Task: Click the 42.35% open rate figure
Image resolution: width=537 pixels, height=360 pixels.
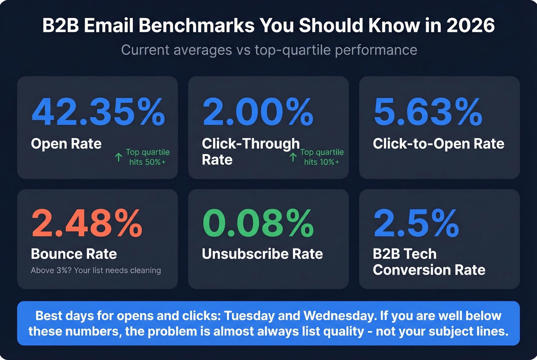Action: point(98,112)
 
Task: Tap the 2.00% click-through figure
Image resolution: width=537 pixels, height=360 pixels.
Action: point(258,112)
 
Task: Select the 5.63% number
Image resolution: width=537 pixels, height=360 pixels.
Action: point(428,112)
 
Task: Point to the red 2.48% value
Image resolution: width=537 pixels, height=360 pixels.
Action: point(87,223)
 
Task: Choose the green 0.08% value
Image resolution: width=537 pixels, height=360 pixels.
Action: point(258,223)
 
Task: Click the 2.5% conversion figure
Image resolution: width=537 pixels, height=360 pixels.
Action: point(416,223)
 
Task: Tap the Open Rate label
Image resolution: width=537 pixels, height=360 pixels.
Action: point(66,144)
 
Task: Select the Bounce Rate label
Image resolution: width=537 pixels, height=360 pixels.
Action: point(74,254)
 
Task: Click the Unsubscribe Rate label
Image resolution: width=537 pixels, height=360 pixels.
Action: point(262,254)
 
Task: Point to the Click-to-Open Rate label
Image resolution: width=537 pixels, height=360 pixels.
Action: point(438,144)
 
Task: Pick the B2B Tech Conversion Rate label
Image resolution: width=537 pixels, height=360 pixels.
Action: point(429,262)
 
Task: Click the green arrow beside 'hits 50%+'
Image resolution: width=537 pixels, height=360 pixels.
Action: point(119,157)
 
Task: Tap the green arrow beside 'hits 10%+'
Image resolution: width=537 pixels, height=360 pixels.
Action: point(293,157)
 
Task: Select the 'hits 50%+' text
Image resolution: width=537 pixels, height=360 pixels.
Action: point(148,162)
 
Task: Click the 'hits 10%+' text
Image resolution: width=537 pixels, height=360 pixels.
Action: point(322,162)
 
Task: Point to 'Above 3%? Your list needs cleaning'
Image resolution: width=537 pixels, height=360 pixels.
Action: point(96,270)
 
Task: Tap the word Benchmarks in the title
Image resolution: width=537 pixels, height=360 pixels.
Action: point(196,26)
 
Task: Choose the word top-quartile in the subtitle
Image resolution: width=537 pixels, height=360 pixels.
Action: point(292,50)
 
